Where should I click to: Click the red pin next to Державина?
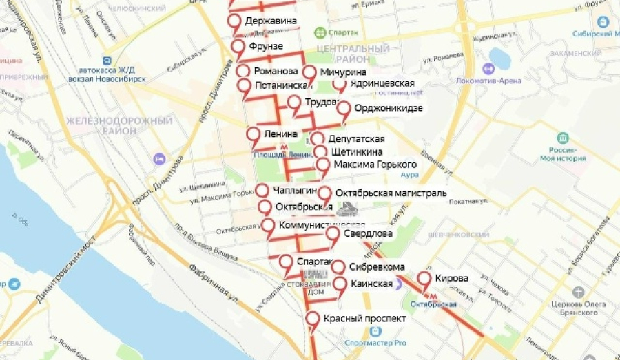[x=236, y=22]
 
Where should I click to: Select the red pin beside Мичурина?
[x=309, y=73]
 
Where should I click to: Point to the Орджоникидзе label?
[x=388, y=108]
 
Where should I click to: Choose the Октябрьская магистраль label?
[x=391, y=193]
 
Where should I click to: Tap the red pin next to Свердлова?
[x=333, y=234]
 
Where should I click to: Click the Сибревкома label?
[x=376, y=267]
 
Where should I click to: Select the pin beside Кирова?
[x=424, y=279]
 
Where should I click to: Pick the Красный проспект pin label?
[x=364, y=319]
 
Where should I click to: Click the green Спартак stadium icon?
[x=320, y=32]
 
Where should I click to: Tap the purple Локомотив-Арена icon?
[x=489, y=69]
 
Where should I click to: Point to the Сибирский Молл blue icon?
[x=603, y=22]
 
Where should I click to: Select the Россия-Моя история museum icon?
[x=563, y=138]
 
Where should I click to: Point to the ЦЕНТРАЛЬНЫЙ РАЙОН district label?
[x=354, y=54]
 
